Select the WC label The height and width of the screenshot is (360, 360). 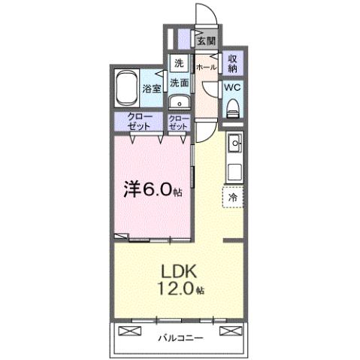(x=231, y=86)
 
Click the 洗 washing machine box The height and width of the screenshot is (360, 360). (x=179, y=63)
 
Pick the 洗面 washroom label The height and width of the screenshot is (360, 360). (x=178, y=82)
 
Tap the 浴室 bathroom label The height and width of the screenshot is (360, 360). (x=151, y=89)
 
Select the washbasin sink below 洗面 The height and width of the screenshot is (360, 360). (x=177, y=103)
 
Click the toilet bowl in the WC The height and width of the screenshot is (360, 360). (x=231, y=107)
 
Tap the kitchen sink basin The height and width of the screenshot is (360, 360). (x=234, y=142)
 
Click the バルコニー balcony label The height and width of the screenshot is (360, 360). (x=180, y=337)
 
